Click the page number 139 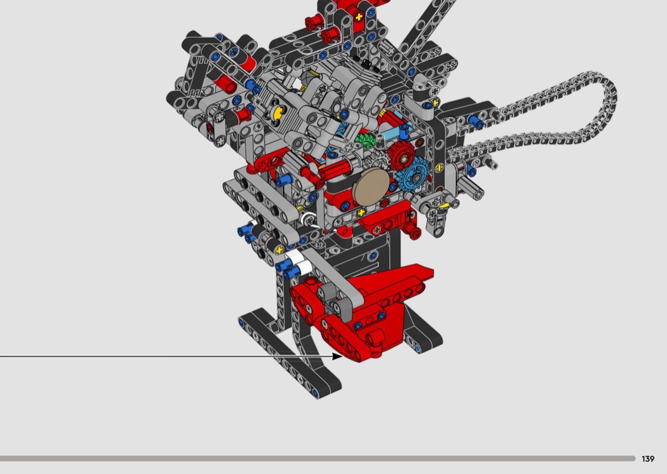click(x=648, y=459)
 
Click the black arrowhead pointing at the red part click(x=337, y=356)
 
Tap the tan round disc click(x=371, y=187)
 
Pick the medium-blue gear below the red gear click(x=414, y=175)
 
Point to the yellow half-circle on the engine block click(x=278, y=112)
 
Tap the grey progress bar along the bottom click(x=318, y=459)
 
